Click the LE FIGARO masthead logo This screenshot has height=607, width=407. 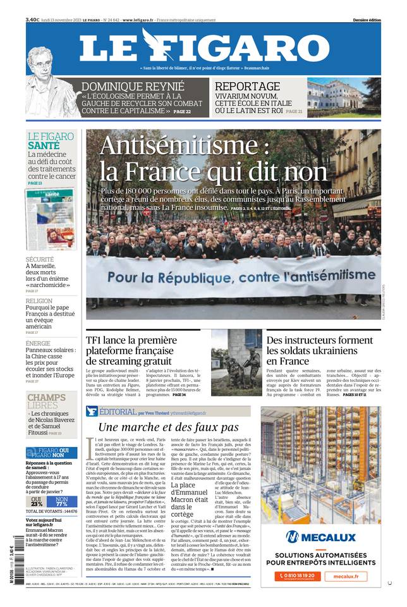203,48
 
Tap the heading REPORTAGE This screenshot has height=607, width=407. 247,87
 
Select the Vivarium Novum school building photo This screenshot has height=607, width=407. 344,97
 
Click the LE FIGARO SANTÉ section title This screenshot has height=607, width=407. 50,140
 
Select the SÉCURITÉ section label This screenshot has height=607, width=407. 40,259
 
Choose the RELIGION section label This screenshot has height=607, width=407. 39,302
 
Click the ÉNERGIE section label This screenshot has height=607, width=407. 38,343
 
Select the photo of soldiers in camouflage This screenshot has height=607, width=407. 236,354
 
